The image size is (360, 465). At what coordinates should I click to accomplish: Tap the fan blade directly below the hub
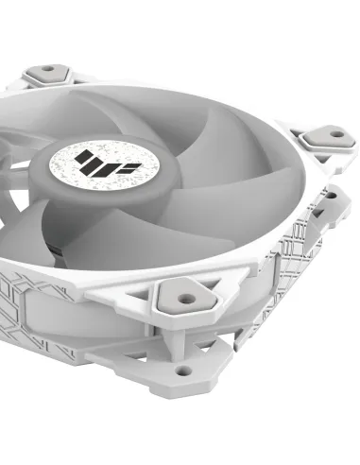tap(113, 236)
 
